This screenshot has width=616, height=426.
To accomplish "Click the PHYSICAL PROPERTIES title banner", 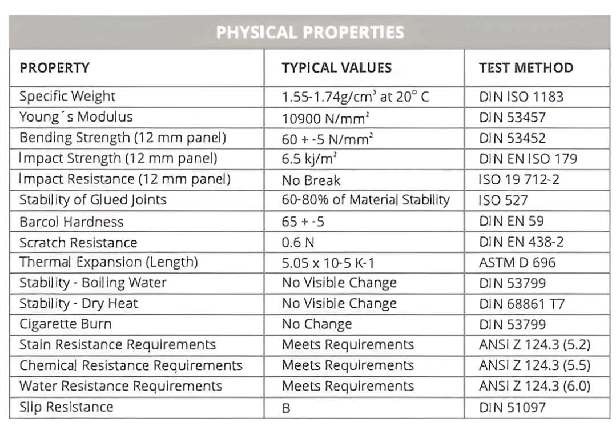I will pyautogui.click(x=309, y=32).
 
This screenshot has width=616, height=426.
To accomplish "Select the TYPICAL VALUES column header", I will pyautogui.click(x=336, y=68).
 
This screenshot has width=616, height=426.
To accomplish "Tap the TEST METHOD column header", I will pyautogui.click(x=526, y=68).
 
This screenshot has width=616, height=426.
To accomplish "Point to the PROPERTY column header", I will pyautogui.click(x=55, y=68).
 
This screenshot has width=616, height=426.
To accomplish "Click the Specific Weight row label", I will pyautogui.click(x=67, y=96).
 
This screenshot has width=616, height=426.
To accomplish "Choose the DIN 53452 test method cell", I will pyautogui.click(x=513, y=138).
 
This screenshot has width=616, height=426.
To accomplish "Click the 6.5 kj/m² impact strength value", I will pyautogui.click(x=309, y=159).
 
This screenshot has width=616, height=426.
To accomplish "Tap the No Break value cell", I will pyautogui.click(x=311, y=180).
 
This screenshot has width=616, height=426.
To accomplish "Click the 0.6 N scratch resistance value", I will pyautogui.click(x=298, y=242).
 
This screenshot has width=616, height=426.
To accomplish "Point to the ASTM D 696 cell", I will pyautogui.click(x=517, y=263).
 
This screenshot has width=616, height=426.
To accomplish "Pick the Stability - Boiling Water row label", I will pyautogui.click(x=93, y=283).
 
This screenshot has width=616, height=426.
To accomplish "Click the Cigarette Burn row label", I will pyautogui.click(x=65, y=324).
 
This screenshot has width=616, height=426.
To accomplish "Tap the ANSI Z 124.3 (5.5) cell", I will pyautogui.click(x=535, y=365).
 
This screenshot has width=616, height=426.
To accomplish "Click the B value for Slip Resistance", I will pyautogui.click(x=286, y=407).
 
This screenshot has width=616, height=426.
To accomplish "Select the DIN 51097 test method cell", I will pyautogui.click(x=513, y=407).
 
